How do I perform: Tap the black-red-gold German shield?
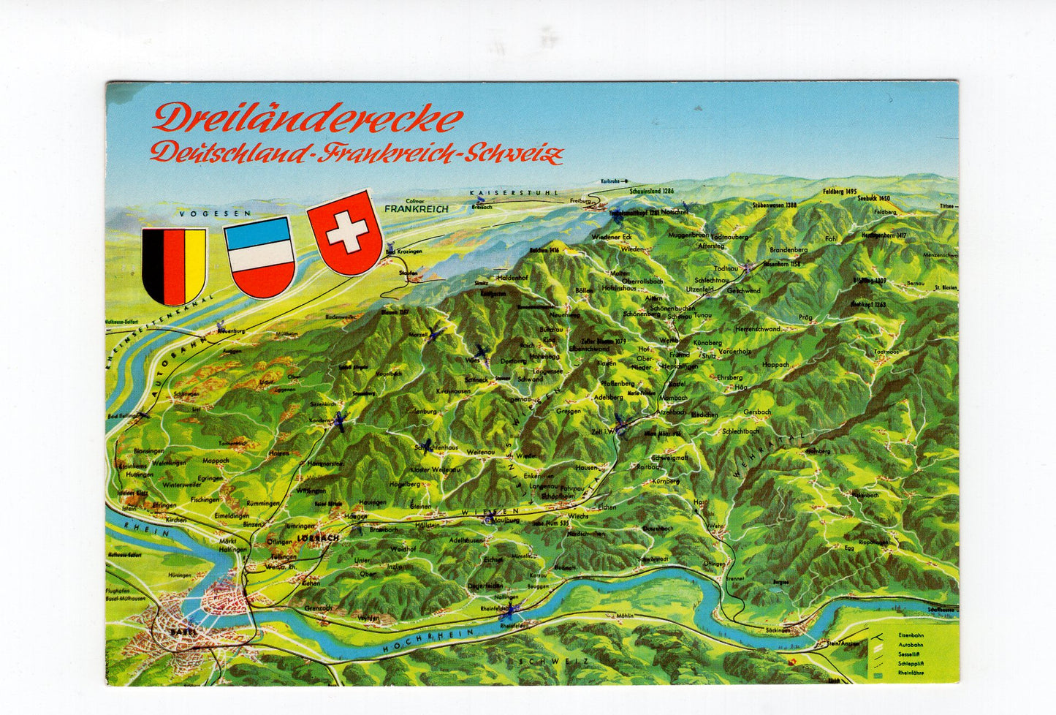174,265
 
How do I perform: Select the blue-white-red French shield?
259,256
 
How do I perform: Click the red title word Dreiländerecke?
308,118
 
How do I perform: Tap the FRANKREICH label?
414,208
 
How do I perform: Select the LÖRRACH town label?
318,538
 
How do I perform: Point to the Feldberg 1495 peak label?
839,191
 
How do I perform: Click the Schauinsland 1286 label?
650,191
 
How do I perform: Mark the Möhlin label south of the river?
624,616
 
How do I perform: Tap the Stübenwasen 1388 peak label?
775,205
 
